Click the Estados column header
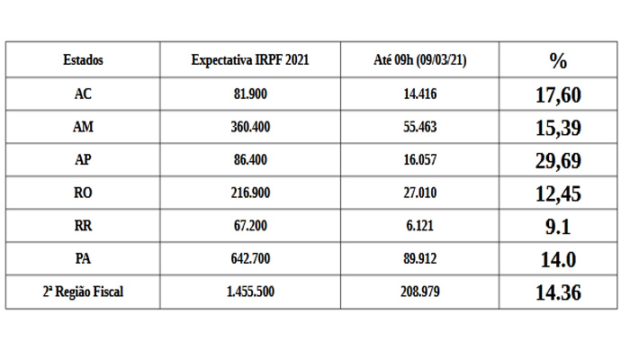(83, 60)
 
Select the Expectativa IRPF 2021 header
(250, 60)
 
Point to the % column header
(558, 60)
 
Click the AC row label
(83, 94)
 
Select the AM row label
(83, 127)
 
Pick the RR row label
(83, 227)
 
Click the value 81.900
(250, 94)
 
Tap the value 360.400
(250, 127)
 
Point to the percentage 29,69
(558, 160)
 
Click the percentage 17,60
(558, 94)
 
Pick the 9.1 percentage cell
(558, 227)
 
